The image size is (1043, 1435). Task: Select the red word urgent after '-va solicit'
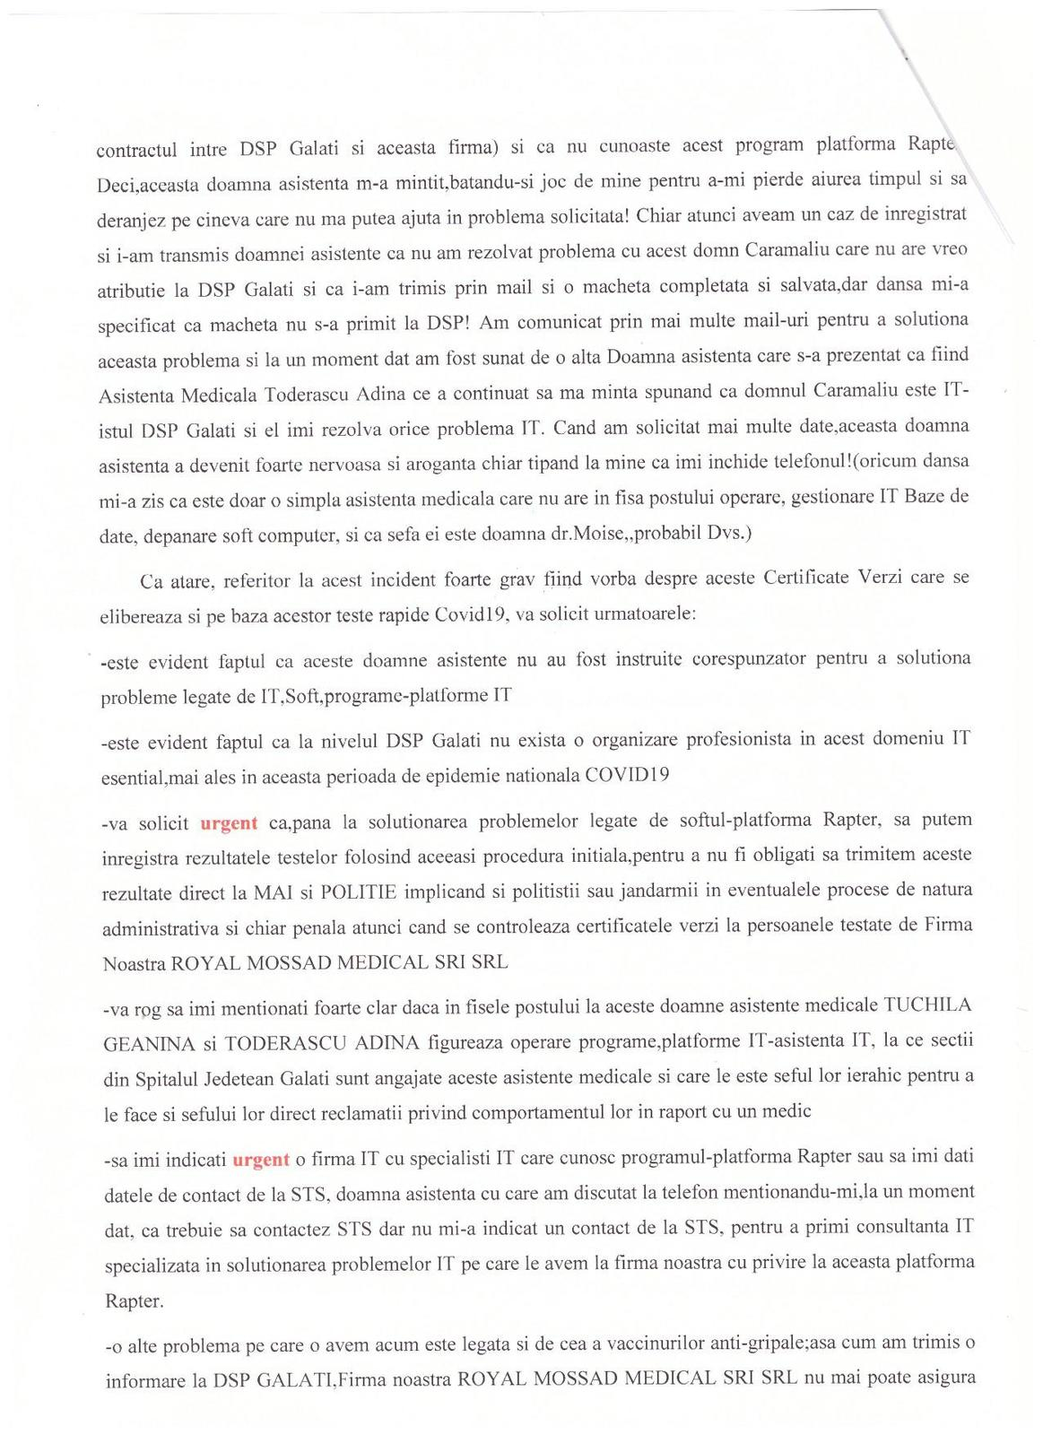point(228,822)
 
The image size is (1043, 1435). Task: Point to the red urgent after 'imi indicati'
point(261,1160)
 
